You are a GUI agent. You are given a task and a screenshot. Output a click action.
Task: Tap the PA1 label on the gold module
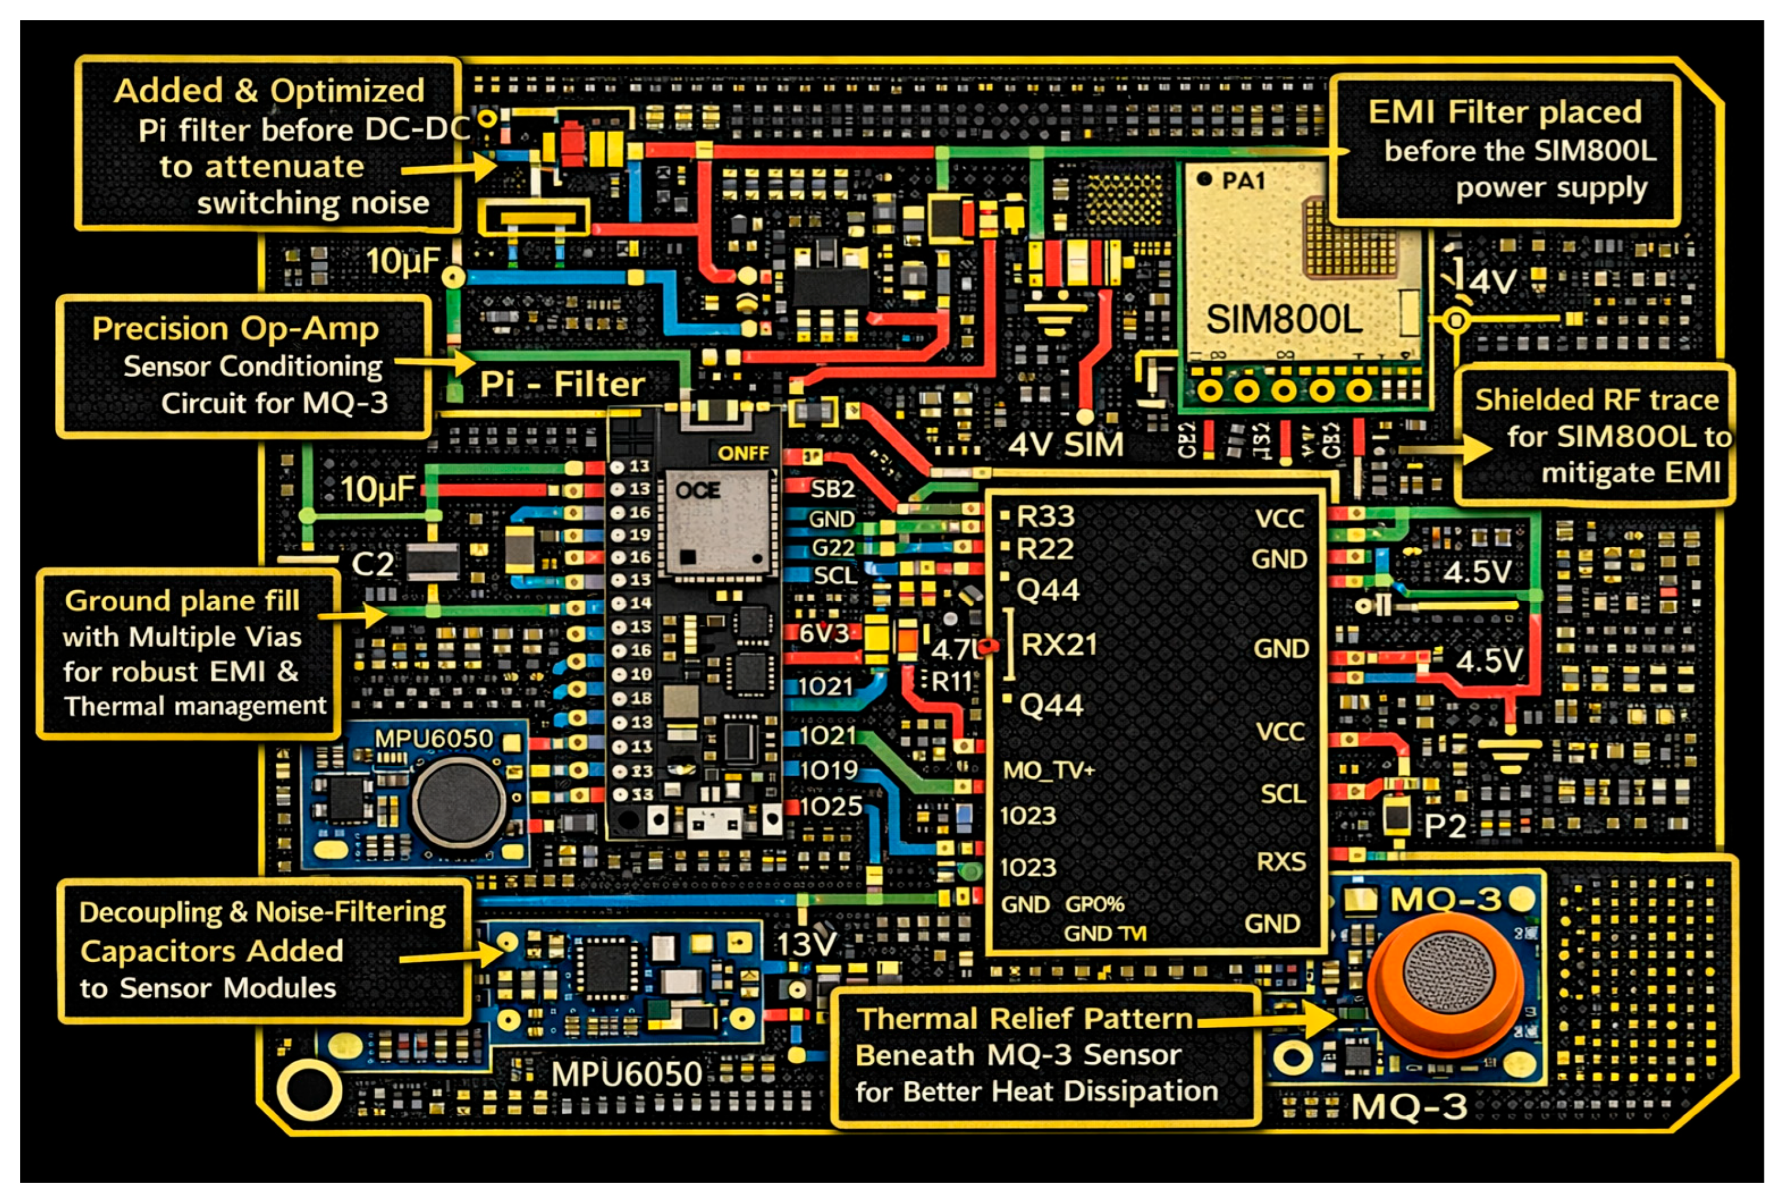(1242, 181)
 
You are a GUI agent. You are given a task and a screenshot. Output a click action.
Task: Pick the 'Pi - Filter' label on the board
(562, 384)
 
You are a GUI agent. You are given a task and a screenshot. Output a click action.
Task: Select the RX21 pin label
(1058, 645)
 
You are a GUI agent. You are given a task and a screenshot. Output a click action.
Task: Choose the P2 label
(1445, 826)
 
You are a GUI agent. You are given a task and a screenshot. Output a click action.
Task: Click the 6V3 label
(823, 634)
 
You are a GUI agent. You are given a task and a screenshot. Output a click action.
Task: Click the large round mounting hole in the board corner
(309, 1089)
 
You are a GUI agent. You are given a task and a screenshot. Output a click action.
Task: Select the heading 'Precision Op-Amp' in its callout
(236, 329)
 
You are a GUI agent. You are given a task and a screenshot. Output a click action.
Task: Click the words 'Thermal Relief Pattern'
(1024, 1019)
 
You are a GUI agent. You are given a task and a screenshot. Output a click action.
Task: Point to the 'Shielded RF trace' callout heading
(1597, 400)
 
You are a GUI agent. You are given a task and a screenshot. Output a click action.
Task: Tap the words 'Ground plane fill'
(182, 601)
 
